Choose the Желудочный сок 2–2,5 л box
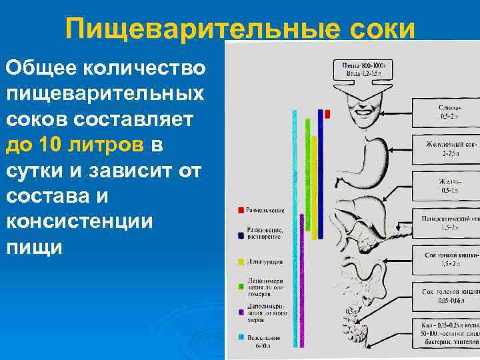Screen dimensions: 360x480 pyautogui.click(x=449, y=149)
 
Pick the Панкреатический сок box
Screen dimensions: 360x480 pyautogui.click(x=449, y=223)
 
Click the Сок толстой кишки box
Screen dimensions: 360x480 pyautogui.click(x=449, y=296)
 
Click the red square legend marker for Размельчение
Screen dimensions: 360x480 pyautogui.click(x=241, y=211)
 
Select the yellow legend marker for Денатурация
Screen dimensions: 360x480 pyautogui.click(x=241, y=261)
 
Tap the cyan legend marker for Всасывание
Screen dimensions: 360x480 pyautogui.click(x=241, y=337)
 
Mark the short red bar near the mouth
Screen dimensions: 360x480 pyautogui.click(x=327, y=114)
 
